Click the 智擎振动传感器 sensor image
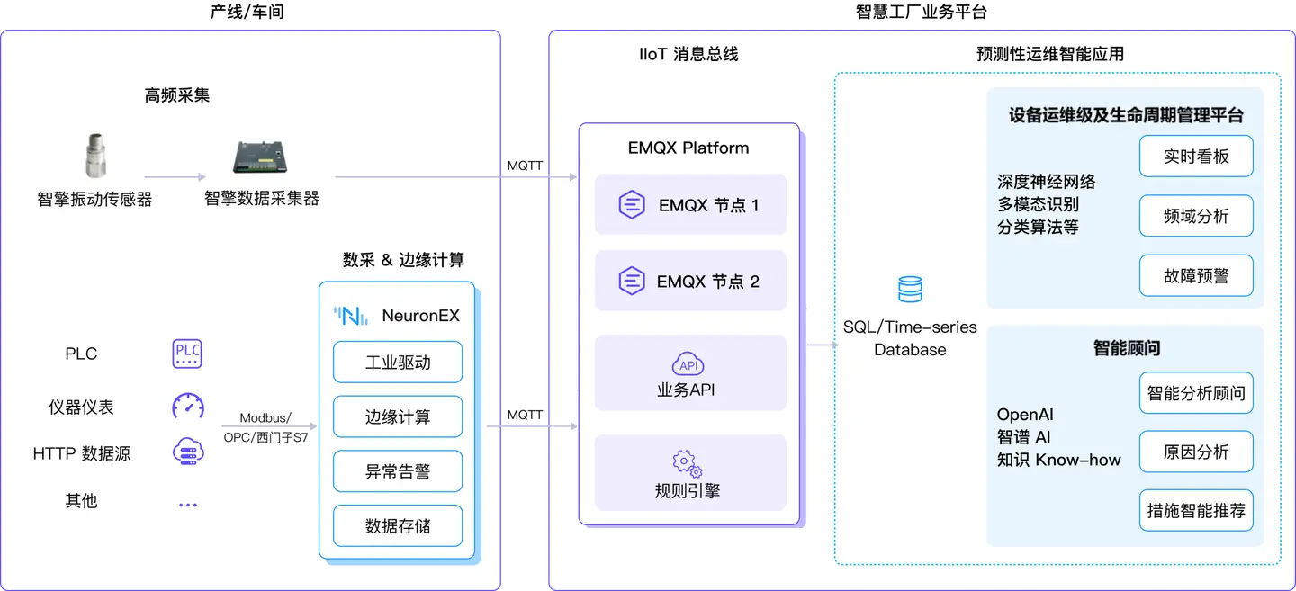pos(94,158)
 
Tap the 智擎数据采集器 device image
pos(262,159)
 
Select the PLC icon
pos(187,354)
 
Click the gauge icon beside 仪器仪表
pos(187,406)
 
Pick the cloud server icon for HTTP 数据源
pos(187,452)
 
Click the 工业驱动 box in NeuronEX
pos(397,363)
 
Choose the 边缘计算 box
pos(397,417)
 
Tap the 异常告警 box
pos(397,471)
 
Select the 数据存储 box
pos(397,526)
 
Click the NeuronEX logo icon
pos(351,316)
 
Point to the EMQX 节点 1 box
pos(690,205)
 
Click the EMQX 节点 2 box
pos(690,282)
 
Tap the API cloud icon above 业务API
pos(688,364)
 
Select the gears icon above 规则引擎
pos(688,463)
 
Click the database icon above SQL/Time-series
pos(910,290)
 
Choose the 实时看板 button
pos(1195,157)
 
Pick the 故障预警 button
pos(1195,276)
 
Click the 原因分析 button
pos(1195,452)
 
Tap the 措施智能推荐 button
pos(1195,511)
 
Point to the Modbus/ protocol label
pos(266,418)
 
